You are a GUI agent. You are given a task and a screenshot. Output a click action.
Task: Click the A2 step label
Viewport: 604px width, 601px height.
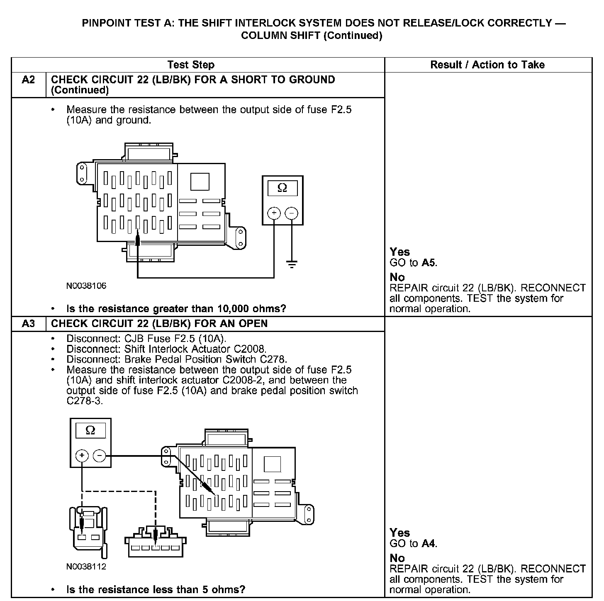(28, 80)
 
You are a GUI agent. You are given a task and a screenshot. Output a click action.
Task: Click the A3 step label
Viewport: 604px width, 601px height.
(28, 324)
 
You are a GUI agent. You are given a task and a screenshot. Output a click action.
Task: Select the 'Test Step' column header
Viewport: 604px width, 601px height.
(191, 65)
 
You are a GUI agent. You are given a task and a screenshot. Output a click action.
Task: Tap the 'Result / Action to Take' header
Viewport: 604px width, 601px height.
(487, 65)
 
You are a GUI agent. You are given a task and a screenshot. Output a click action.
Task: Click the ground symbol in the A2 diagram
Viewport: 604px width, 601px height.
(292, 264)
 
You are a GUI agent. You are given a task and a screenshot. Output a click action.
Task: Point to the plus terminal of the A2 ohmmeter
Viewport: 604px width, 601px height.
(274, 213)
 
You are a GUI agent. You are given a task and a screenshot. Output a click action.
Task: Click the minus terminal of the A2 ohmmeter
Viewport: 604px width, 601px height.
(292, 213)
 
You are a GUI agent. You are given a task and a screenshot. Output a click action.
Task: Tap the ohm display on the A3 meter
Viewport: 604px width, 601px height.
(90, 431)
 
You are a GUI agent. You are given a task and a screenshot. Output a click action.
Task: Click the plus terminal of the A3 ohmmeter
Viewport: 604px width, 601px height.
(82, 456)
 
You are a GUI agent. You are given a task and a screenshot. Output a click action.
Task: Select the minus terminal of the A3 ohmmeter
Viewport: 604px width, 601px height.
(100, 456)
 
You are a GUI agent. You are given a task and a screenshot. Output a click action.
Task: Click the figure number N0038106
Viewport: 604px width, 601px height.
(86, 286)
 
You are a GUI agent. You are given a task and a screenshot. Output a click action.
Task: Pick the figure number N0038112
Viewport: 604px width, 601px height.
(86, 567)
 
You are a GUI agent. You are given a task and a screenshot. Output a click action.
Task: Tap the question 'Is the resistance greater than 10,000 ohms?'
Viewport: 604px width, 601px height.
(176, 309)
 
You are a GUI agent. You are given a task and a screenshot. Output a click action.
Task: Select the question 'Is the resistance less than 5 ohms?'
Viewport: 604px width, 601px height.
(156, 589)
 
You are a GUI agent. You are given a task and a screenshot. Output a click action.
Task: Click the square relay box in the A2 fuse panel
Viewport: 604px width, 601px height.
(200, 182)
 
